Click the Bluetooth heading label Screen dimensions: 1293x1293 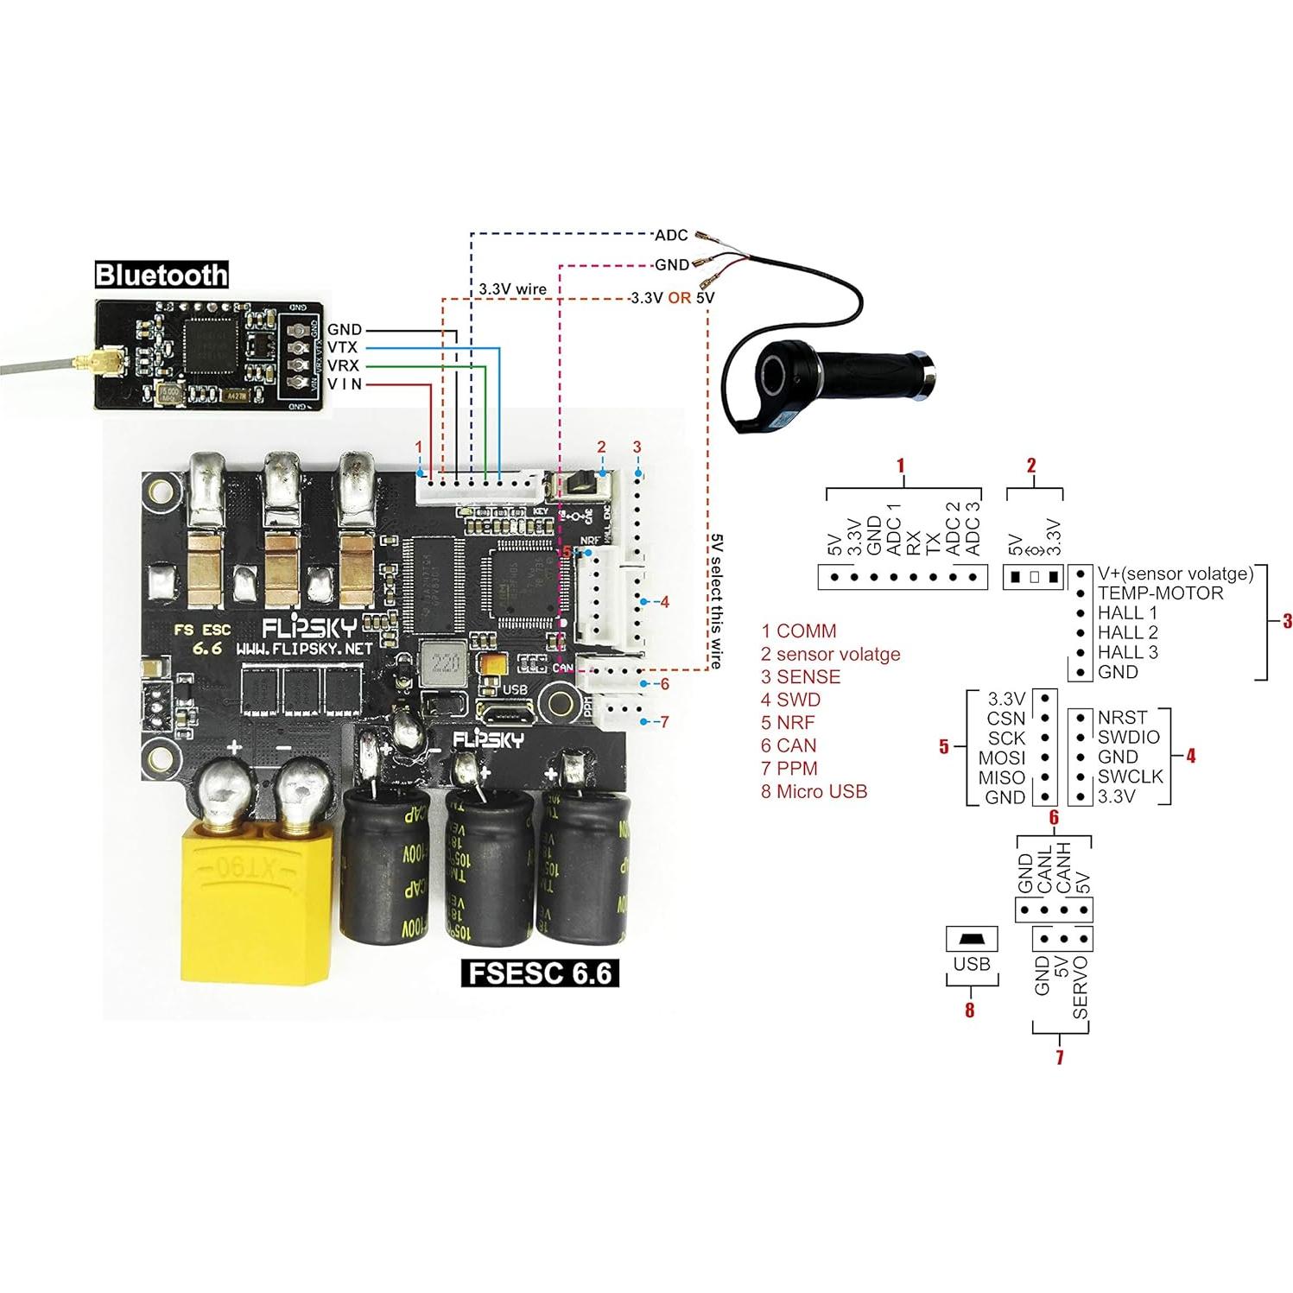click(162, 275)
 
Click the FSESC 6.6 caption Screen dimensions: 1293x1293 click(539, 973)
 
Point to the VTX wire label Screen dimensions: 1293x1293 click(343, 347)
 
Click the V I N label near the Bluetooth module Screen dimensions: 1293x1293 click(345, 384)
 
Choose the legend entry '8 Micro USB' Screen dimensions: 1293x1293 click(814, 790)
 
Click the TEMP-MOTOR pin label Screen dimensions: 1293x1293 click(1160, 593)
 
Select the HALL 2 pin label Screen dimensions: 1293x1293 click(1127, 632)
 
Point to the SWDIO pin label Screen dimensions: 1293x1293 click(1128, 737)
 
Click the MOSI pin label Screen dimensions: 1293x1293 click(1002, 757)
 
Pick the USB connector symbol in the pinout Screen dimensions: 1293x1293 click(972, 938)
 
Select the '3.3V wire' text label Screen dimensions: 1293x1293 click(512, 289)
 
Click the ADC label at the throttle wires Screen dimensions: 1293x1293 click(671, 235)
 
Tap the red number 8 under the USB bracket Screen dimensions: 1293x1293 click(969, 1010)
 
